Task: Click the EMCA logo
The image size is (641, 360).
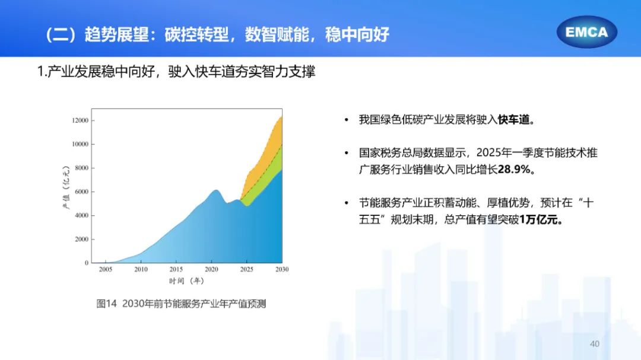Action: [586, 32]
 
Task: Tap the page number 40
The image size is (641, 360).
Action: [594, 343]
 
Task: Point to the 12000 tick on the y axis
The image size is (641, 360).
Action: [80, 120]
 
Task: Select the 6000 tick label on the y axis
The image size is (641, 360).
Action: [81, 192]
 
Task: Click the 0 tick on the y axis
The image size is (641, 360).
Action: [87, 263]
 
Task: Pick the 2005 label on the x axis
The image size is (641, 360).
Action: [106, 269]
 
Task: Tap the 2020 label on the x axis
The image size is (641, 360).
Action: [211, 269]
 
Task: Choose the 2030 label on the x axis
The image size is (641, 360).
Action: [282, 269]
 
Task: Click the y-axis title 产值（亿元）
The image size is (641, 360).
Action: [66, 187]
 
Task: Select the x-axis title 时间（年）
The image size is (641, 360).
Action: [186, 281]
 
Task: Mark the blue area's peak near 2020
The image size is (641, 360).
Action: [216, 190]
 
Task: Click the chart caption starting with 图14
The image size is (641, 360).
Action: [181, 304]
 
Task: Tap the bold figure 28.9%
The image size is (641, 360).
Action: [514, 169]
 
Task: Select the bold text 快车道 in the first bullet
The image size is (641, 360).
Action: [513, 120]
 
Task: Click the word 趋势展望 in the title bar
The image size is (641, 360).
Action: [116, 35]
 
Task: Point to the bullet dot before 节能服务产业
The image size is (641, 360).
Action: [346, 203]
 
